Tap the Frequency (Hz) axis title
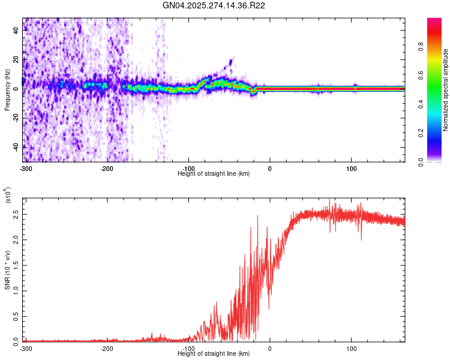[x=7, y=90]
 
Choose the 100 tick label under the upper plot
[x=352, y=167]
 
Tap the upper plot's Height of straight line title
[x=214, y=173]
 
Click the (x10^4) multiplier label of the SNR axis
[x=8, y=196]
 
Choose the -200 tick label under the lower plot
[x=107, y=348]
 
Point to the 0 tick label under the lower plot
[x=270, y=348]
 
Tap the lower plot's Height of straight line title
[x=214, y=354]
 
